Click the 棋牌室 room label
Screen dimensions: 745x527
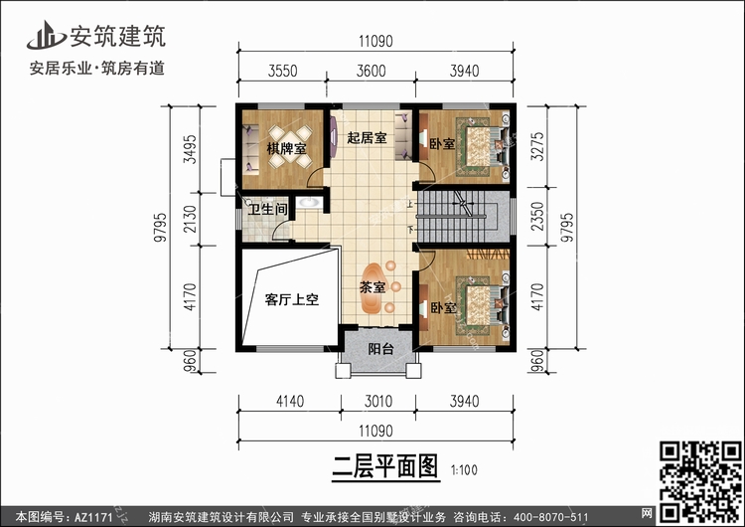point(286,148)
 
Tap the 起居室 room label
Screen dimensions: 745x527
point(367,138)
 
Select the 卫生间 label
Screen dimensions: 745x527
point(267,209)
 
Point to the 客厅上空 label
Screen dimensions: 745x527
point(292,299)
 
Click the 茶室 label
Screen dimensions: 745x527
point(372,287)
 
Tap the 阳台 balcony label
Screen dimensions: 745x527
point(381,349)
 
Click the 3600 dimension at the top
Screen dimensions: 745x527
point(372,71)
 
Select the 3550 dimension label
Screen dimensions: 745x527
point(282,71)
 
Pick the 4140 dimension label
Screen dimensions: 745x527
point(290,401)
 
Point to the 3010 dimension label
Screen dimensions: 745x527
point(378,401)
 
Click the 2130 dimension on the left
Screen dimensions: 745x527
point(190,219)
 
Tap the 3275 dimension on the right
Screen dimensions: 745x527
point(537,146)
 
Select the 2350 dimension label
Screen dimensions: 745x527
point(537,217)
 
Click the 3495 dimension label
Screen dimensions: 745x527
point(190,149)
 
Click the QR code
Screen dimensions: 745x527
point(701,482)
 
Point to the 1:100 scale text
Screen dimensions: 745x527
point(464,470)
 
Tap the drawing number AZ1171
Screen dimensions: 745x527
point(93,517)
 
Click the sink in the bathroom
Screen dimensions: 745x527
point(309,203)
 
